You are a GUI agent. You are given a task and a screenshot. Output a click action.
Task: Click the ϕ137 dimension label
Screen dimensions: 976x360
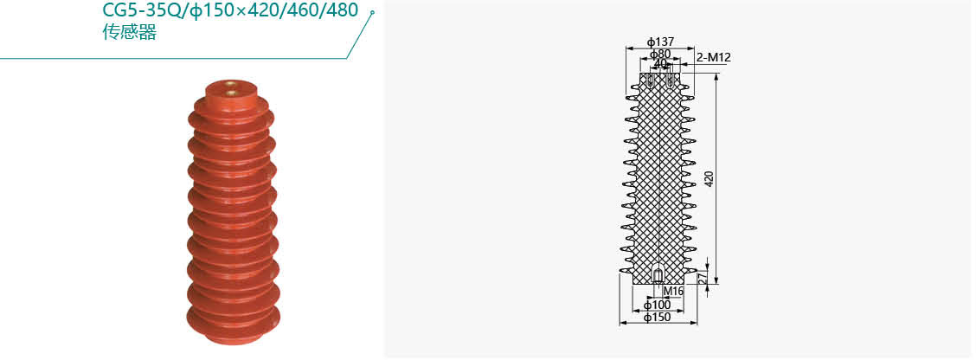pyautogui.click(x=660, y=42)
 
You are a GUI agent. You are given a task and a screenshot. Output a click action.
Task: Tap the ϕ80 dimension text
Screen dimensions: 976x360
pyautogui.click(x=660, y=55)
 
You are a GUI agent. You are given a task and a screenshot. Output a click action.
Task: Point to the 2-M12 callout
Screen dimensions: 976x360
pyautogui.click(x=713, y=58)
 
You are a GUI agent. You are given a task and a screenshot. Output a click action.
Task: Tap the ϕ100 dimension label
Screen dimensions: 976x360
pyautogui.click(x=658, y=305)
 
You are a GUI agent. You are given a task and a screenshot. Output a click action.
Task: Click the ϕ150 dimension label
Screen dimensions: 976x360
pyautogui.click(x=658, y=318)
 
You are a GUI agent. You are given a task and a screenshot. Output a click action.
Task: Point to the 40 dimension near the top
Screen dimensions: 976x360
pyautogui.click(x=660, y=63)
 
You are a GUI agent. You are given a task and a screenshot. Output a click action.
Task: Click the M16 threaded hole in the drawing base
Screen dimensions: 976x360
pyautogui.click(x=658, y=274)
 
